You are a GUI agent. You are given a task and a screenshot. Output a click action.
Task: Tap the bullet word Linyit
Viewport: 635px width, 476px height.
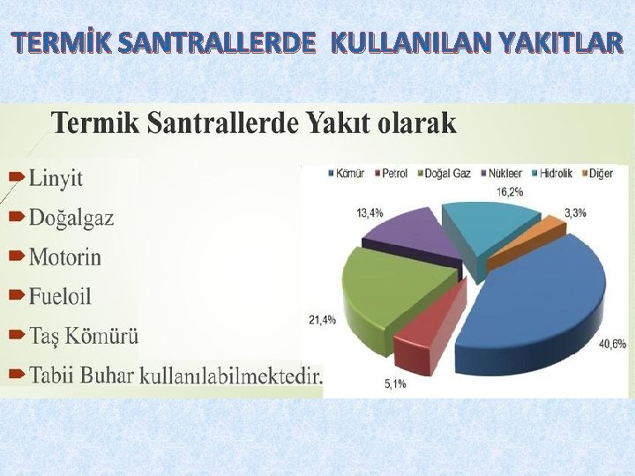(56, 178)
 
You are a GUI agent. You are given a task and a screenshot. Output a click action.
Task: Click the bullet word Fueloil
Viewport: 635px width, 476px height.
(60, 296)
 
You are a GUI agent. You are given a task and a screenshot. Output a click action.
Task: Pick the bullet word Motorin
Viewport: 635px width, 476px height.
(64, 257)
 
